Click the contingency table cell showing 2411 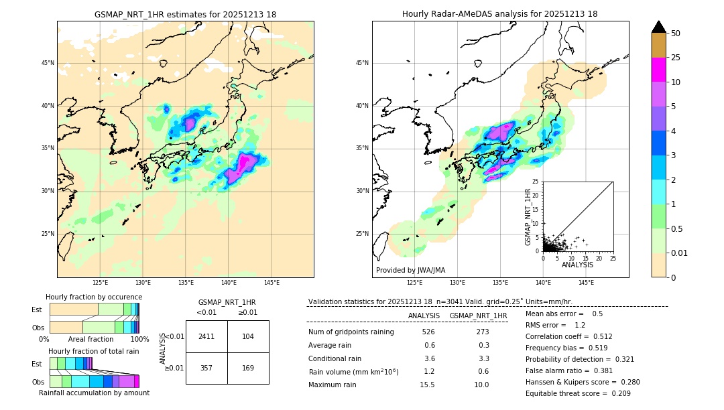pos(206,336)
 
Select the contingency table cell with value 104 pos(248,336)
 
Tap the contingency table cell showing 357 pos(206,368)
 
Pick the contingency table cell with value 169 pos(248,368)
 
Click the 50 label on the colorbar pos(676,33)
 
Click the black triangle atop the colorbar pos(659,27)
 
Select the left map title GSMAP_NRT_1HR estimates pos(185,14)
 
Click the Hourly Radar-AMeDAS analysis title pos(499,14)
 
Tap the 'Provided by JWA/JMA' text pos(410,270)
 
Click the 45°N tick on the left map pos(48,63)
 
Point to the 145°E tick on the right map pos(586,283)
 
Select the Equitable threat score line pos(578,393)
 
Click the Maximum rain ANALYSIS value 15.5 pos(427,385)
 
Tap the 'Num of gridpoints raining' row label pos(351,332)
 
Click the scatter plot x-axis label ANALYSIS pos(577,265)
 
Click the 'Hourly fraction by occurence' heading pos(94,297)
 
